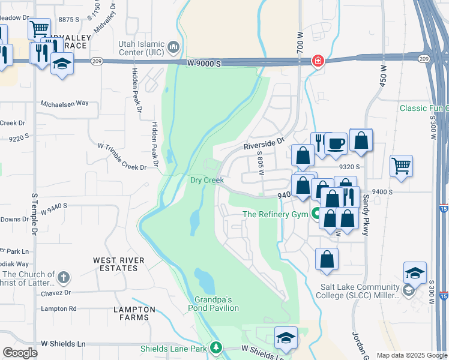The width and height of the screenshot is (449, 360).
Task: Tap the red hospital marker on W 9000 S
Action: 316,61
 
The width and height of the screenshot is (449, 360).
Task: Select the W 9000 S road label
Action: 204,62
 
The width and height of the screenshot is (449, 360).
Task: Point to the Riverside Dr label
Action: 263,145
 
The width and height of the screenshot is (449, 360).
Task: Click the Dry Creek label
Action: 206,180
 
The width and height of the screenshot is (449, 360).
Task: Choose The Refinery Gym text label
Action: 275,214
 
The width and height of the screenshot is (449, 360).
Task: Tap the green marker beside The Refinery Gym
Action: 316,214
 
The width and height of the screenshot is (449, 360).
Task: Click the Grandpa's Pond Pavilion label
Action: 217,304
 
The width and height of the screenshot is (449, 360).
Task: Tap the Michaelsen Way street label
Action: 64,103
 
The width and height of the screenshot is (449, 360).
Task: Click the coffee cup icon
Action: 336,143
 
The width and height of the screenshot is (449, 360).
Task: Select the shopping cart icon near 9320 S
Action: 401,165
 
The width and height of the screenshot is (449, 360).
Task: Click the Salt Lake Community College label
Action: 358,291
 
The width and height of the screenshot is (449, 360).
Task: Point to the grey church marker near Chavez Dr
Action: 63,277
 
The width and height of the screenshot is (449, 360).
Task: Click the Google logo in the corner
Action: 20,353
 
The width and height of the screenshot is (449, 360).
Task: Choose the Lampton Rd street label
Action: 59,308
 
